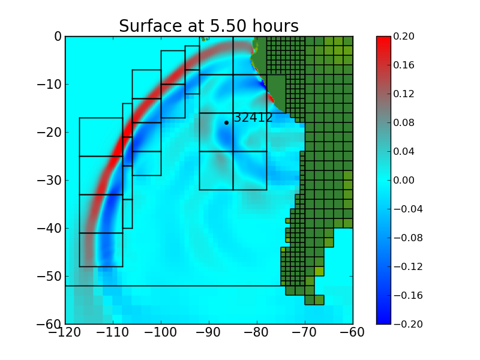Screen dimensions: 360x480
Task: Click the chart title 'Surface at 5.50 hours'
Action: [x=208, y=26]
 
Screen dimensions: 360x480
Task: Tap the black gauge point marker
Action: [x=226, y=122]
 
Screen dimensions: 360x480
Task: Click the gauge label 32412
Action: [x=253, y=118]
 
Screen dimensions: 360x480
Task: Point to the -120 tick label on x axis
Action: [x=65, y=333]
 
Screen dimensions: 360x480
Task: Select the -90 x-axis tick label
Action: [x=209, y=333]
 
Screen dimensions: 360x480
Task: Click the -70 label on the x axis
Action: [x=305, y=333]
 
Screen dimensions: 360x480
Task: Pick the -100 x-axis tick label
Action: [x=161, y=333]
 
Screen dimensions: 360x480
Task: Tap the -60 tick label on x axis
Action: [x=353, y=333]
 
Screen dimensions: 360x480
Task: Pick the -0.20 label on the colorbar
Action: [x=404, y=324]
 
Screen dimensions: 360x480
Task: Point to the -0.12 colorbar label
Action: [x=404, y=266]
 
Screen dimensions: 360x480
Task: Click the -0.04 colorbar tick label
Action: [x=404, y=209]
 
